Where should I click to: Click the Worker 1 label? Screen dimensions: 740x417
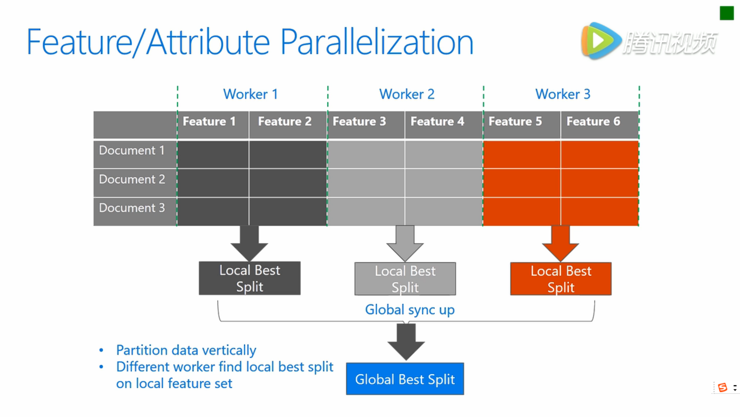[251, 94]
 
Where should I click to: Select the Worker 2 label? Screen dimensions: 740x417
[407, 94]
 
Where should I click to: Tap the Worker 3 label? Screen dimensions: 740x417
[563, 94]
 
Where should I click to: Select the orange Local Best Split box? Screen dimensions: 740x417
[561, 279]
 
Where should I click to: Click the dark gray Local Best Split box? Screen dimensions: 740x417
[250, 278]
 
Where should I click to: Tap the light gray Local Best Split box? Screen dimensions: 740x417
[405, 279]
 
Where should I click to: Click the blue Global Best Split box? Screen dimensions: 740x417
[405, 379]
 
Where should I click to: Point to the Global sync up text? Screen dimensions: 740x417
[410, 310]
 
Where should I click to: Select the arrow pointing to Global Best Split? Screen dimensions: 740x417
[406, 342]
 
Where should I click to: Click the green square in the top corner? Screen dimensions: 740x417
[727, 13]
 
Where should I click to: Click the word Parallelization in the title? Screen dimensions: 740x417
[377, 42]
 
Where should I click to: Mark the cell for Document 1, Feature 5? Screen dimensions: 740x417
[522, 154]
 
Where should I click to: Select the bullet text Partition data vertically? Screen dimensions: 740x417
[186, 350]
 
